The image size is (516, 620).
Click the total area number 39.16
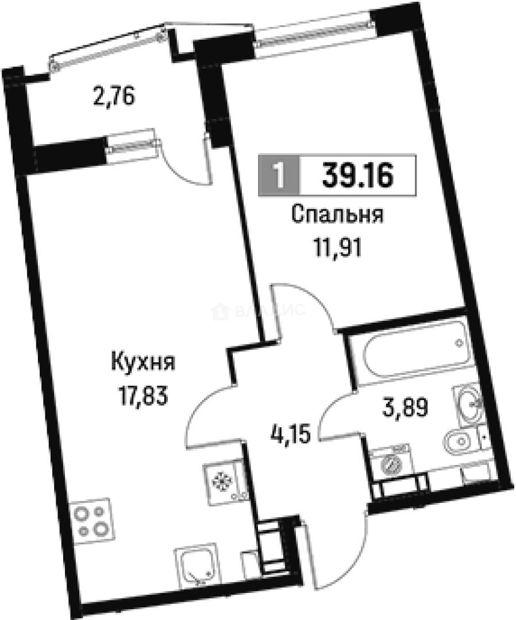[x=357, y=175]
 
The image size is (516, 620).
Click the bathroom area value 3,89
[x=406, y=409]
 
